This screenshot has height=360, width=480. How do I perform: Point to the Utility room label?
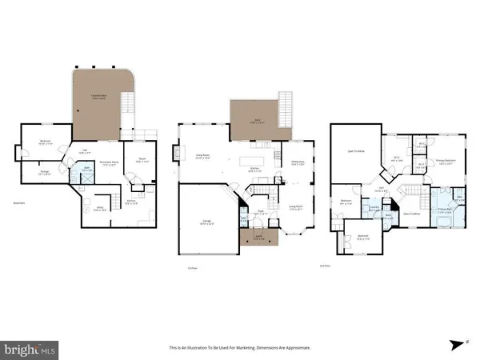[99, 209]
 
